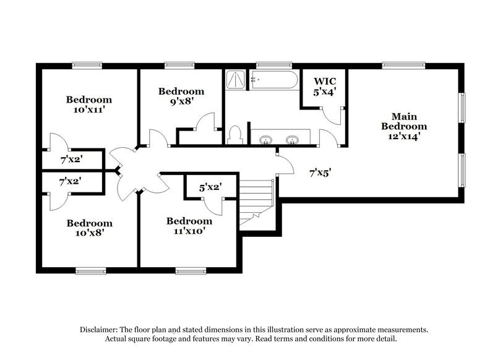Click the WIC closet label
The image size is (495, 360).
325,82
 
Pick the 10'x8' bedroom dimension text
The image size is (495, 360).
90,234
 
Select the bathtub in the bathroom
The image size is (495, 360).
274,80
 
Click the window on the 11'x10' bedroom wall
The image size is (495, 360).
189,270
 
